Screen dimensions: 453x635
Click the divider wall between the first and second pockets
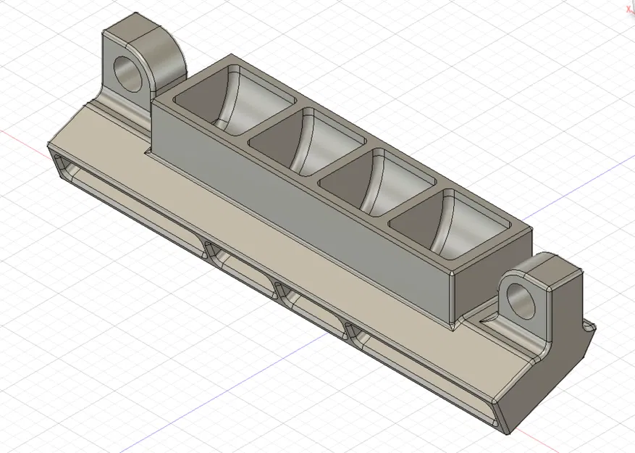(272, 120)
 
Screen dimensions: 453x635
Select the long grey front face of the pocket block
(304, 210)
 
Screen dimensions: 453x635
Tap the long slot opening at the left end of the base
(130, 199)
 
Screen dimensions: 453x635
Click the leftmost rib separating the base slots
(211, 252)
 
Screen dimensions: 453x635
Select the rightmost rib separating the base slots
(353, 333)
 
